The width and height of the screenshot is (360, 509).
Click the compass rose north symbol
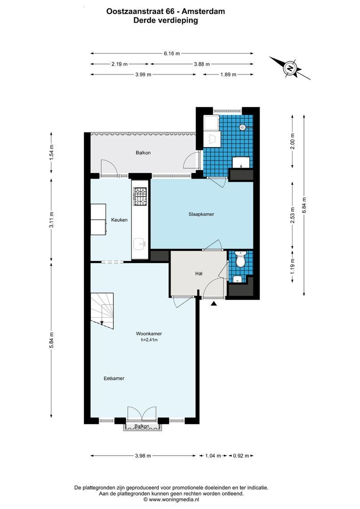click(290, 68)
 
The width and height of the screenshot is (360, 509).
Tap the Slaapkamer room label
click(201, 214)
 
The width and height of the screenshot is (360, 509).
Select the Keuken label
click(119, 220)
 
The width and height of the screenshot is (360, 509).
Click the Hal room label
click(199, 274)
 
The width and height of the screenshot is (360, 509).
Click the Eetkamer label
click(115, 378)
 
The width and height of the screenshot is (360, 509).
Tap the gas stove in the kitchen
click(140, 197)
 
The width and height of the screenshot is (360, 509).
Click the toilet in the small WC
click(241, 260)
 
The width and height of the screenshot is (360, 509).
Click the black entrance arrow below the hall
click(214, 304)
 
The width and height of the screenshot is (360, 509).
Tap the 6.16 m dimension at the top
click(172, 53)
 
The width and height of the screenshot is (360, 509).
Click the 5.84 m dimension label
click(52, 341)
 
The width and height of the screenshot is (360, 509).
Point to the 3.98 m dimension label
click(143, 456)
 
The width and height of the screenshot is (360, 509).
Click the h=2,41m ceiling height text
click(148, 340)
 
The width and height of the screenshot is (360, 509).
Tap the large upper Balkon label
click(143, 153)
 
